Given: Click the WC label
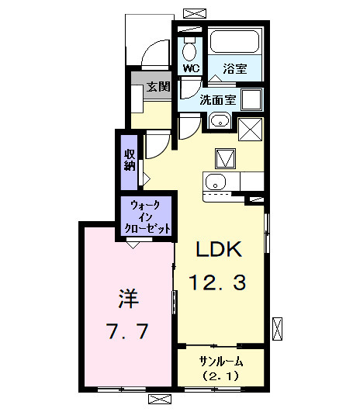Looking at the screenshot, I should tap(192, 68).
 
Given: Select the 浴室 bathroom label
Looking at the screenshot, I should tap(235, 68).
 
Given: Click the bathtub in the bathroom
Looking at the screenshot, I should tap(235, 43).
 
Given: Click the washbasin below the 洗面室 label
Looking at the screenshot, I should tap(218, 120).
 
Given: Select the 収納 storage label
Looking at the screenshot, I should tap(130, 159).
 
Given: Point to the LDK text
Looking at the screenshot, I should tap(219, 250).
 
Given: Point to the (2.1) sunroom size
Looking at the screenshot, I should tap(221, 378).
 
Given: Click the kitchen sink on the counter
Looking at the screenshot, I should tap(215, 182).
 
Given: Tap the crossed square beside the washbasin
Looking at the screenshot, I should tap(251, 129).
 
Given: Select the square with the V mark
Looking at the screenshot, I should tap(224, 158).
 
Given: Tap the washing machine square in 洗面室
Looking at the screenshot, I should tap(251, 99).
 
